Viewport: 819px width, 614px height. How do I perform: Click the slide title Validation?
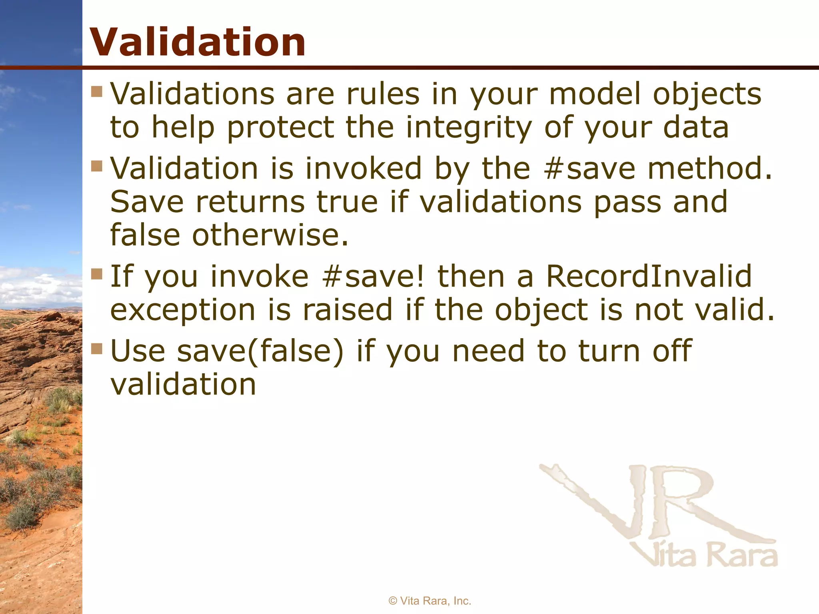point(198,42)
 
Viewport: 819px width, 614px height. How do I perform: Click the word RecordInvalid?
point(649,276)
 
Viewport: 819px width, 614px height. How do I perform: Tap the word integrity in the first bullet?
point(469,127)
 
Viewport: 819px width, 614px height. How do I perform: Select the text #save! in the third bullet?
point(373,276)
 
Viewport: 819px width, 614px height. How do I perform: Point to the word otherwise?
point(270,235)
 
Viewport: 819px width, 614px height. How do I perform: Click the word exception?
point(183,310)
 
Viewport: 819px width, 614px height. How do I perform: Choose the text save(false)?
point(260,351)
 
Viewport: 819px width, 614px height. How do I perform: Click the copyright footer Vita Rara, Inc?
point(430,601)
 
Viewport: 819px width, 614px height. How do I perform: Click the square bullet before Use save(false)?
point(97,349)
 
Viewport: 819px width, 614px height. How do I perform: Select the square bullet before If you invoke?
point(97,274)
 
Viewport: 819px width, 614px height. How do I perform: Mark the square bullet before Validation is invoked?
point(97,165)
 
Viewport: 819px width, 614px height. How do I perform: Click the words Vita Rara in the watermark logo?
point(704,555)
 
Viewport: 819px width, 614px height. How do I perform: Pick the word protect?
point(280,127)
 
